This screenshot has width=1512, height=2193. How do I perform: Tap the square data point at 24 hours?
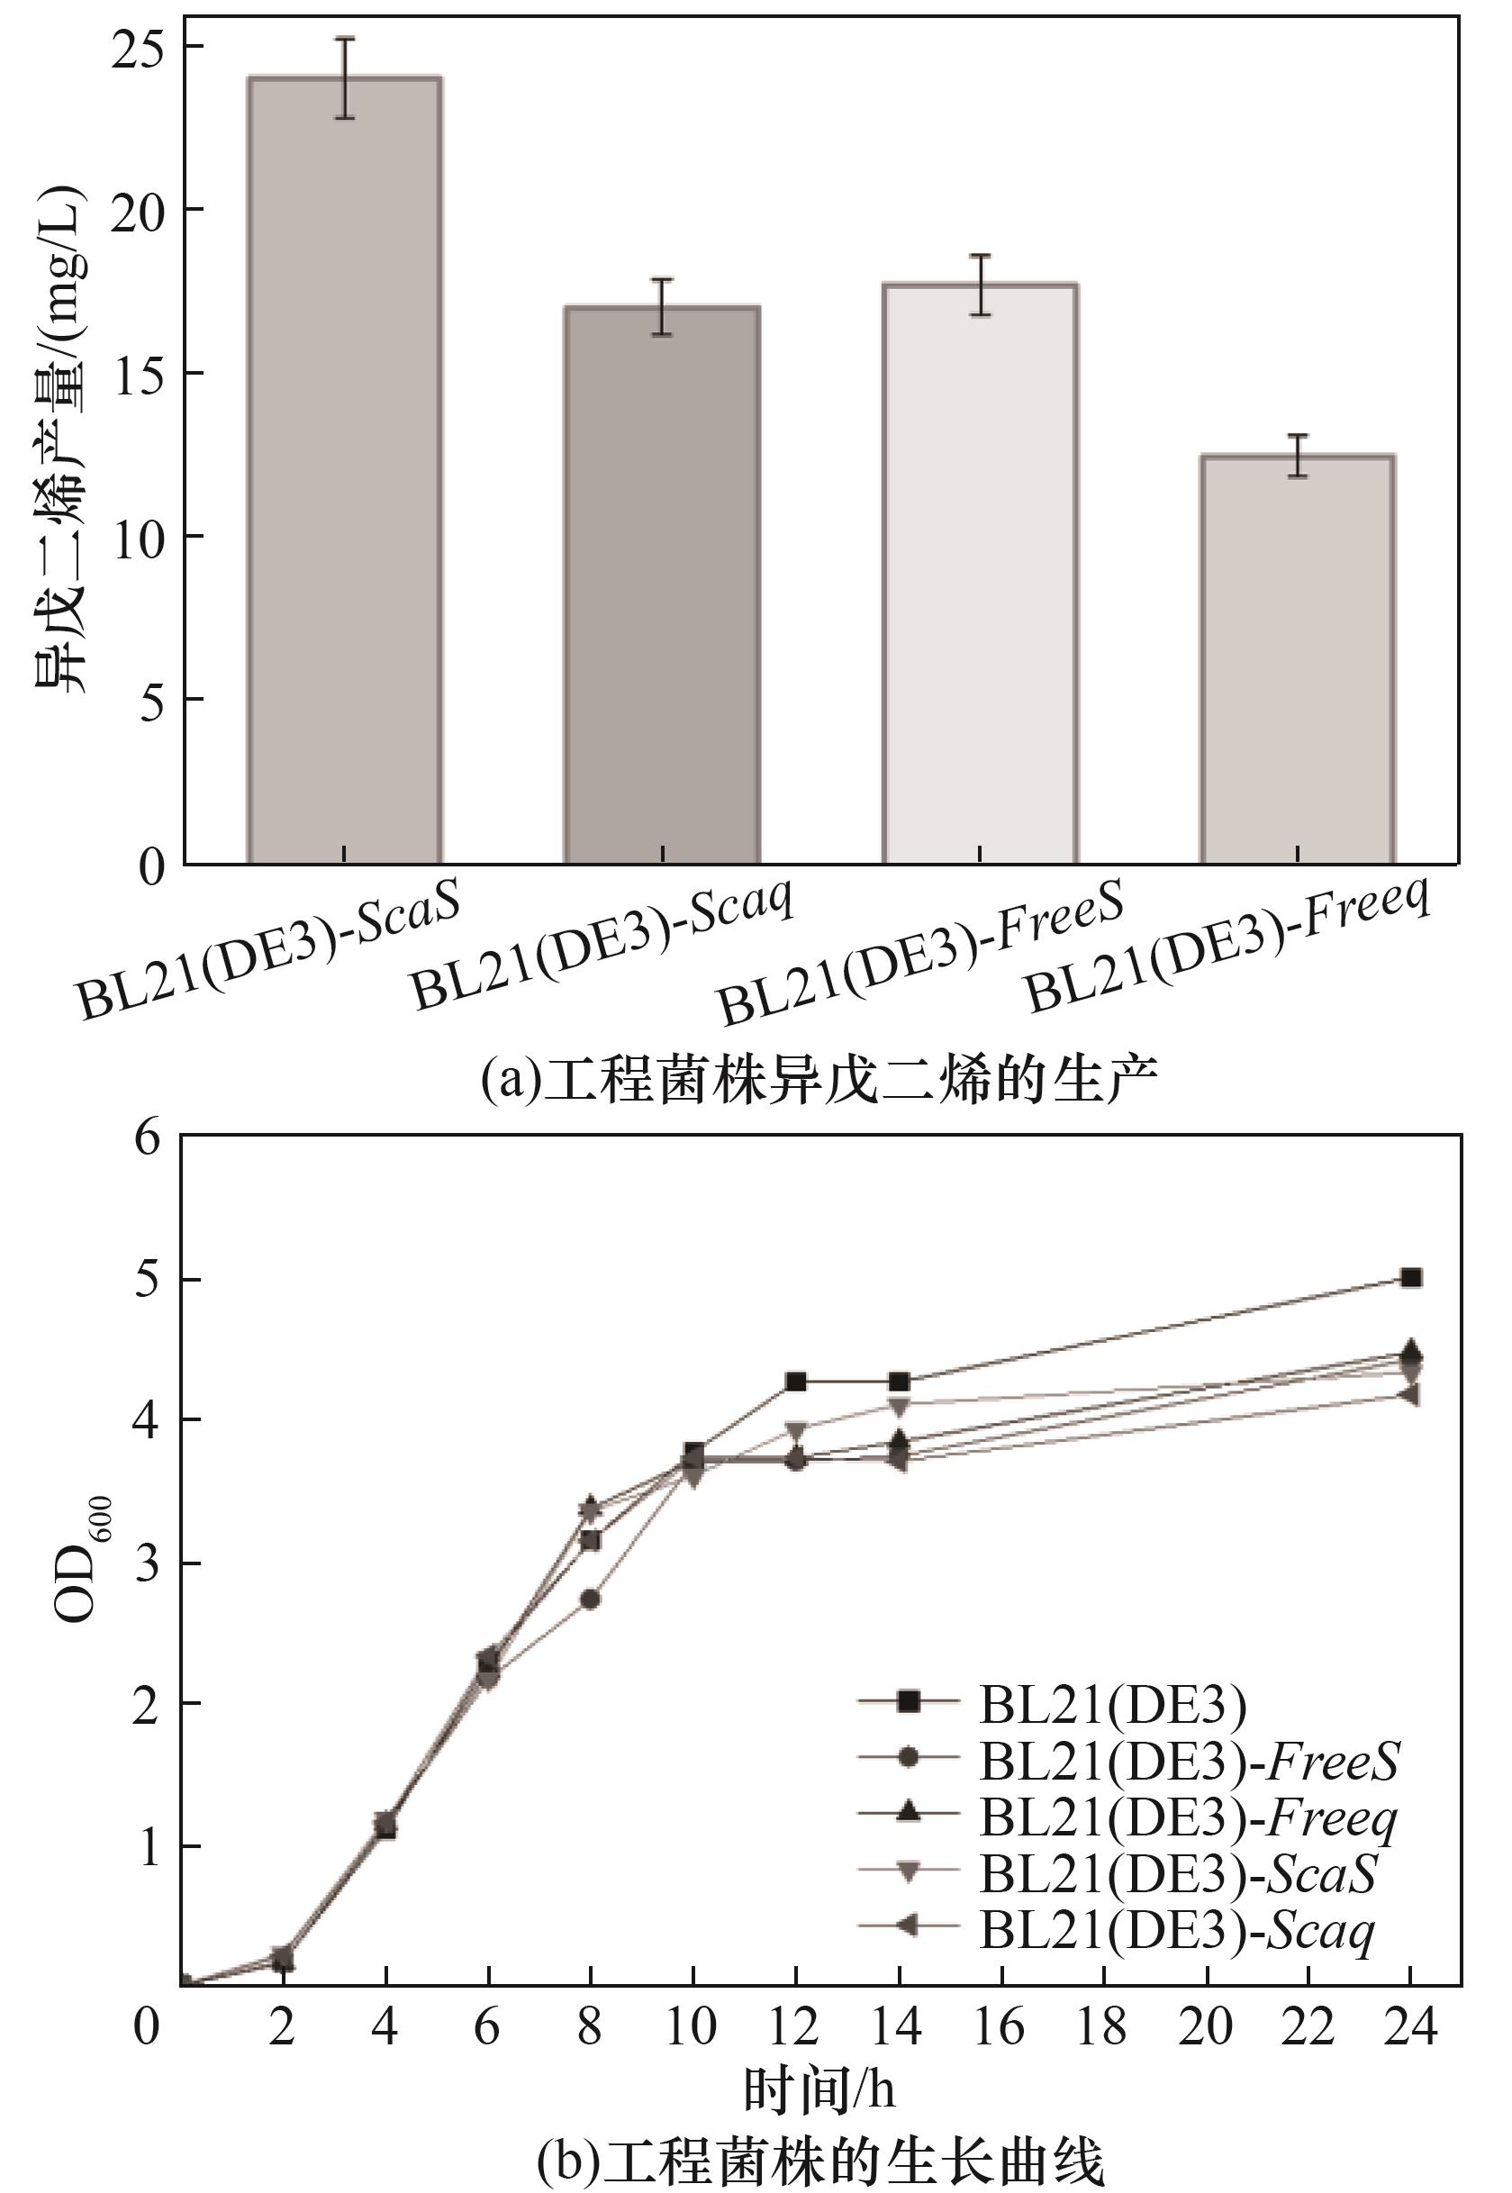(x=1410, y=1278)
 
